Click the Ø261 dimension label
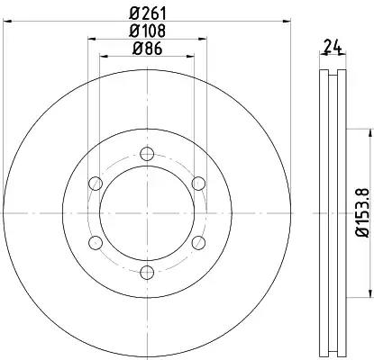coord(148,13)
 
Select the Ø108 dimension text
coord(147,31)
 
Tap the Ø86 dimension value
coord(147,49)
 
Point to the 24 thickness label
coord(333,47)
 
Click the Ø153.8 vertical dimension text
coord(363,212)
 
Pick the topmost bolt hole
coord(147,154)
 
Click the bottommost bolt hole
coord(147,273)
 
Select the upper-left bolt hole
coord(96,184)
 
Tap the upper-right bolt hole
coord(198,184)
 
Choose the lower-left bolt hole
coord(96,243)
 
